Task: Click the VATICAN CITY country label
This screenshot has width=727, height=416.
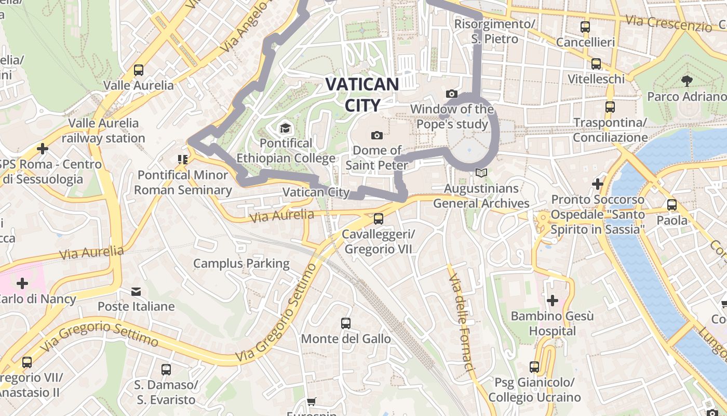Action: click(x=362, y=94)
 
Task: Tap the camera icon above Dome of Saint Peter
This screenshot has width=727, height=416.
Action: click(x=377, y=135)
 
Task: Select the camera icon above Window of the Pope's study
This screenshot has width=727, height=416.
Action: click(x=452, y=94)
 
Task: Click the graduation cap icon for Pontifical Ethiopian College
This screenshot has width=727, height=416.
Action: click(x=285, y=128)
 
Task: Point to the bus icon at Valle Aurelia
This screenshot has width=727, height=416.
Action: click(x=139, y=70)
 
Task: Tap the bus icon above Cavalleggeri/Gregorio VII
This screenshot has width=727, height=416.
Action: click(x=379, y=218)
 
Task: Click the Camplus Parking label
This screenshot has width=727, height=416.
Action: click(x=241, y=264)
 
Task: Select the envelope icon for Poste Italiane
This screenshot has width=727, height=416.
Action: click(x=136, y=291)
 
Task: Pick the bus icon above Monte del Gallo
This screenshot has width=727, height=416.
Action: click(x=346, y=323)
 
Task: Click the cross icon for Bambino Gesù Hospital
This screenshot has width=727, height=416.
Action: click(x=553, y=301)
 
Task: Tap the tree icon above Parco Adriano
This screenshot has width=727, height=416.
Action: click(x=686, y=81)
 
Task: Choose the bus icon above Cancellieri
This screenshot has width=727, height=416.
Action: click(x=585, y=27)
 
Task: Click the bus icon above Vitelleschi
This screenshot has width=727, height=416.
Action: click(x=596, y=64)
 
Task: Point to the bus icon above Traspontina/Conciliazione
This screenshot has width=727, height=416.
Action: click(x=610, y=107)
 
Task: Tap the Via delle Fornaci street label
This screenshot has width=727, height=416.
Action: click(x=462, y=318)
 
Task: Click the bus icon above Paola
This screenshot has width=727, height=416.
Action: click(x=672, y=205)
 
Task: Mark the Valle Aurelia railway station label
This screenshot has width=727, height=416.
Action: click(x=104, y=131)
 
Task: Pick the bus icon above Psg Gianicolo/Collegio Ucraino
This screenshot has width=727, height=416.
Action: click(x=534, y=367)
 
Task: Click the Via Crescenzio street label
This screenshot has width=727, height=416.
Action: click(x=668, y=23)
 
